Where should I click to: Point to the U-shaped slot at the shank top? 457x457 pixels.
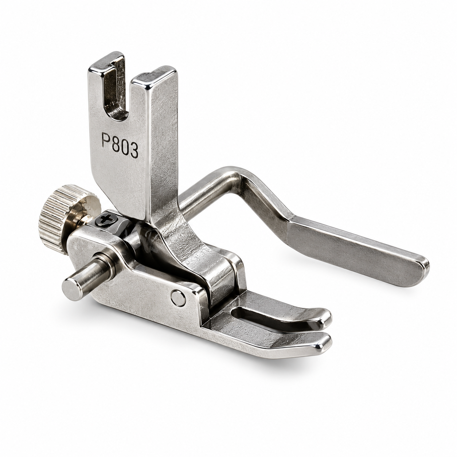pos(116,90)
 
